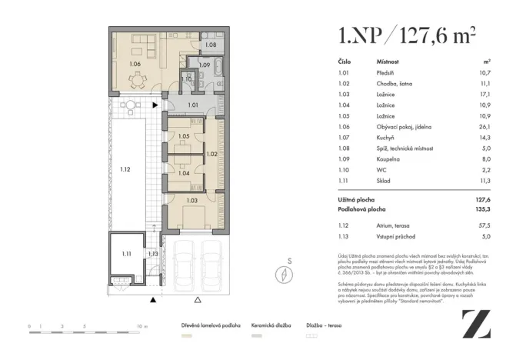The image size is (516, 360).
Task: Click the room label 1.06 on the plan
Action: [x=135, y=64]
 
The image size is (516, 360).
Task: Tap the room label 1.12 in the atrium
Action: [x=126, y=167]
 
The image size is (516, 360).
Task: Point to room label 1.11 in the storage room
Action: [x=127, y=252]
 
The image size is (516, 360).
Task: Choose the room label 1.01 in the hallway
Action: [x=193, y=105]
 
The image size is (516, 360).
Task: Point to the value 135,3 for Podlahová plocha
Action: [x=484, y=208]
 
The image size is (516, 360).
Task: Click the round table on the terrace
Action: [x=131, y=105]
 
